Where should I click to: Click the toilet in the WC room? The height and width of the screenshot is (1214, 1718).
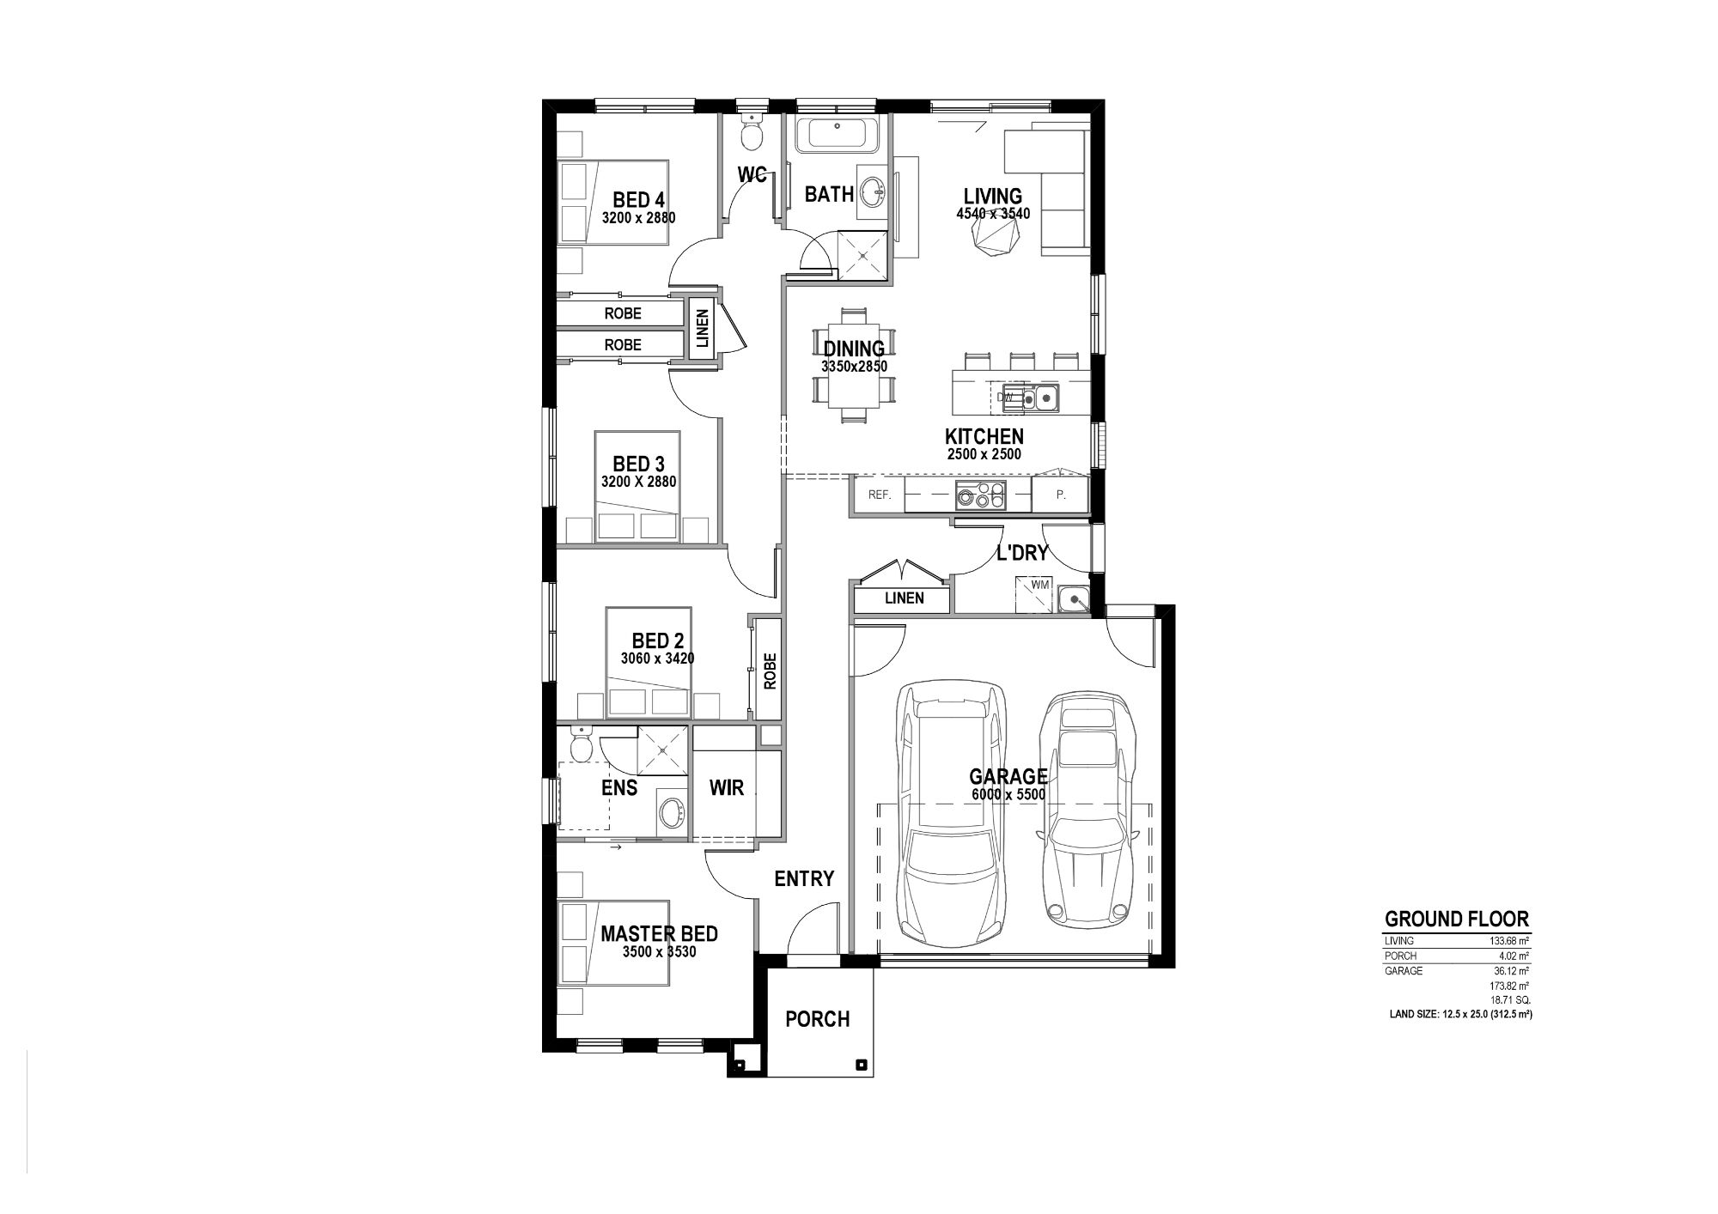click(x=752, y=134)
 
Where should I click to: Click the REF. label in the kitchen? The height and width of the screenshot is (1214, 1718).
click(x=880, y=495)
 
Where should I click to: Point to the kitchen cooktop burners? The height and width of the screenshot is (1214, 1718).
click(x=980, y=495)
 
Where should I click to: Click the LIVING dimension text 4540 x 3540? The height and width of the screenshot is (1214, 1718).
click(x=992, y=214)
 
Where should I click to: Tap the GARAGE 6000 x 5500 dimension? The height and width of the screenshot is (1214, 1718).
click(x=1008, y=795)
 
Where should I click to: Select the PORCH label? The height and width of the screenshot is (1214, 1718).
click(x=818, y=1019)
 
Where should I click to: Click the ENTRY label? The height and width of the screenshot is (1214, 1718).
click(x=804, y=878)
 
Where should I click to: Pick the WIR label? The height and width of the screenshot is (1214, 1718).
click(x=727, y=786)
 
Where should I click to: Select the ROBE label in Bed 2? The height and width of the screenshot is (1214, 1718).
click(x=770, y=671)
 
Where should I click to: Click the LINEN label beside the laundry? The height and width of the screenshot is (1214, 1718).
click(x=904, y=598)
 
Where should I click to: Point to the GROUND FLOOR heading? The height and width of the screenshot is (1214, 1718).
click(x=1456, y=920)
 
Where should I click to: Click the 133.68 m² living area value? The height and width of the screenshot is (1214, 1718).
click(x=1508, y=941)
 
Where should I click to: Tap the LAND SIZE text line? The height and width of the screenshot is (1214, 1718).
click(x=1461, y=1014)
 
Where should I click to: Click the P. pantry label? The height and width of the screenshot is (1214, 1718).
click(x=1060, y=495)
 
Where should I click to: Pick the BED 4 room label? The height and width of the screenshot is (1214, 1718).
click(x=638, y=200)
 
